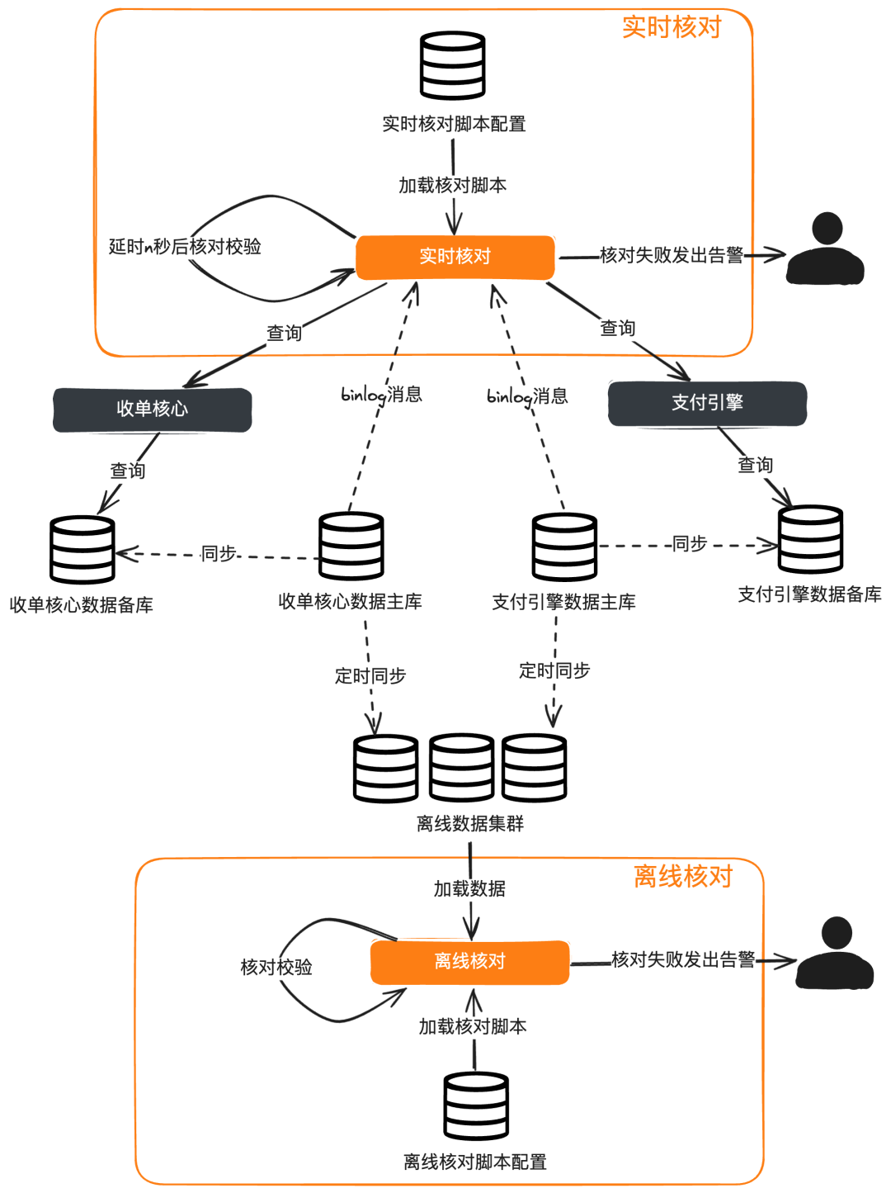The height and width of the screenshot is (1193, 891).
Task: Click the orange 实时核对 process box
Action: [x=455, y=257]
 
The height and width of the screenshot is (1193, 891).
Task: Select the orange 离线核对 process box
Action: [x=469, y=962]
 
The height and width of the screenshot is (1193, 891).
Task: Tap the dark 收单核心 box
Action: [x=152, y=410]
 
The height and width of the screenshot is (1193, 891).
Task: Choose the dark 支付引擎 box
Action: [x=707, y=403]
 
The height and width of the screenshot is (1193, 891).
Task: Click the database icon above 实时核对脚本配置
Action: [x=452, y=66]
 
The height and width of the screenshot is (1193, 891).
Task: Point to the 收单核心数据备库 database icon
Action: [x=82, y=550]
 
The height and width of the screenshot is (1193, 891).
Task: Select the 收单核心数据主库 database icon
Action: [x=351, y=546]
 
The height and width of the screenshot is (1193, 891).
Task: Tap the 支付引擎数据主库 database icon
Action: [x=564, y=547]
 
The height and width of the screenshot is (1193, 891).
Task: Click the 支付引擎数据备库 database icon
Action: [x=810, y=540]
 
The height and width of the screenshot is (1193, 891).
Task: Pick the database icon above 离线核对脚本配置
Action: [x=476, y=1106]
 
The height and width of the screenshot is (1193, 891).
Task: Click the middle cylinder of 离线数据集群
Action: [x=461, y=768]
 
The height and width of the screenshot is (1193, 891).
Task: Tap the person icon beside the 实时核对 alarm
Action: [x=825, y=249]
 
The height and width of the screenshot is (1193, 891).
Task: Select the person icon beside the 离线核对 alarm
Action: [x=835, y=953]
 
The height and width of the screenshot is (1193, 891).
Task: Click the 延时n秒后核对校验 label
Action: [x=185, y=247]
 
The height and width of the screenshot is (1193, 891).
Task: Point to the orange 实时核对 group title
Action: [x=672, y=27]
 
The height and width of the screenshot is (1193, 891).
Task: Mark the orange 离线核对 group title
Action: [x=683, y=876]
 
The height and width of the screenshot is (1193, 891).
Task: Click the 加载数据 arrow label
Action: [x=469, y=889]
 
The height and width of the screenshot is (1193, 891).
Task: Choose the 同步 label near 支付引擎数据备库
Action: [x=690, y=544]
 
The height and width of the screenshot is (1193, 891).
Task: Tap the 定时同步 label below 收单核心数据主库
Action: [x=370, y=676]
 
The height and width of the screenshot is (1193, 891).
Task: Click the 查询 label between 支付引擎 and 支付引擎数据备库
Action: [x=755, y=466]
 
